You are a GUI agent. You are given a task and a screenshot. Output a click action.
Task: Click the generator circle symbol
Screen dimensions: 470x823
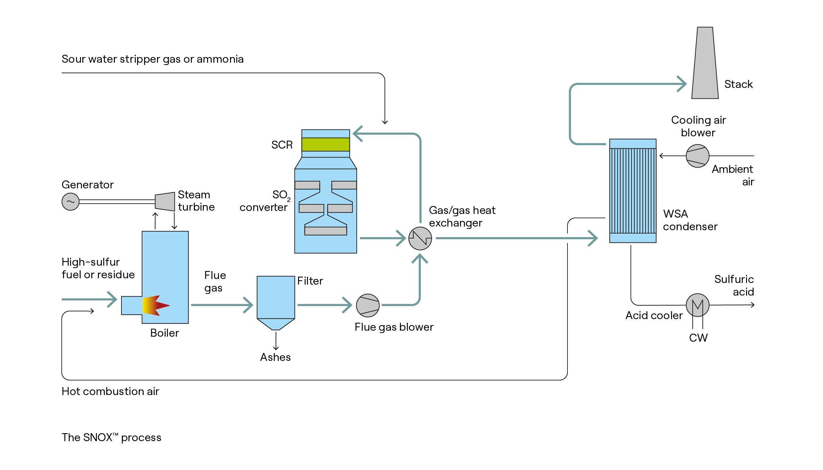point(70,202)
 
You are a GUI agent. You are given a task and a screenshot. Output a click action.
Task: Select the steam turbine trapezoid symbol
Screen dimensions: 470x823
point(165,201)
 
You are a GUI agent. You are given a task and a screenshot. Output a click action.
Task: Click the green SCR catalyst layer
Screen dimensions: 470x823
point(326,145)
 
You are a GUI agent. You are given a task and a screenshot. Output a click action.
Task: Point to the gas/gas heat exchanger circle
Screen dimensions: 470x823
point(420,238)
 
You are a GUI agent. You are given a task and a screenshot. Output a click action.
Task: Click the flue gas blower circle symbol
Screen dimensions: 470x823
point(368,305)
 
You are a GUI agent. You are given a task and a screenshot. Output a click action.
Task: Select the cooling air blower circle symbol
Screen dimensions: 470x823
point(697,156)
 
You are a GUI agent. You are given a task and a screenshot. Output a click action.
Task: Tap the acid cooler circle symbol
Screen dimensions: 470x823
point(698,305)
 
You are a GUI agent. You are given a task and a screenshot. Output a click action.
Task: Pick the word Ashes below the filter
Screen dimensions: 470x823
point(275,357)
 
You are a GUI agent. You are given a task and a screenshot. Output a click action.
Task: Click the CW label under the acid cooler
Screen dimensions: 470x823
point(698,338)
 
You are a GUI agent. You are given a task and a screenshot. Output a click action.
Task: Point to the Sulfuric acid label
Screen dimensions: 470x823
point(734,286)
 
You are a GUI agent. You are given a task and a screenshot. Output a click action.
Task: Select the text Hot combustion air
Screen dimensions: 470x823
point(111,391)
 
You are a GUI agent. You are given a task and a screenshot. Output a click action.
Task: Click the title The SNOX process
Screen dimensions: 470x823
point(112,437)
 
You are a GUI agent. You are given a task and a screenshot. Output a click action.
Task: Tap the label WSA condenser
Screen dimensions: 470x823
point(690,220)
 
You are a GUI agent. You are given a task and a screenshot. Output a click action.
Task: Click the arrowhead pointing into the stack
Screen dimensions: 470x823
point(682,84)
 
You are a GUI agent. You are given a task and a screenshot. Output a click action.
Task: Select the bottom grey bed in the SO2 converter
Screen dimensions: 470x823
point(326,231)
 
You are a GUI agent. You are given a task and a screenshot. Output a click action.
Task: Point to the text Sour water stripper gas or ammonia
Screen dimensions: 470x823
point(153,59)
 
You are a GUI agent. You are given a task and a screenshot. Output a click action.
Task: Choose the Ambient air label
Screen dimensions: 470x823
point(733,175)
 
